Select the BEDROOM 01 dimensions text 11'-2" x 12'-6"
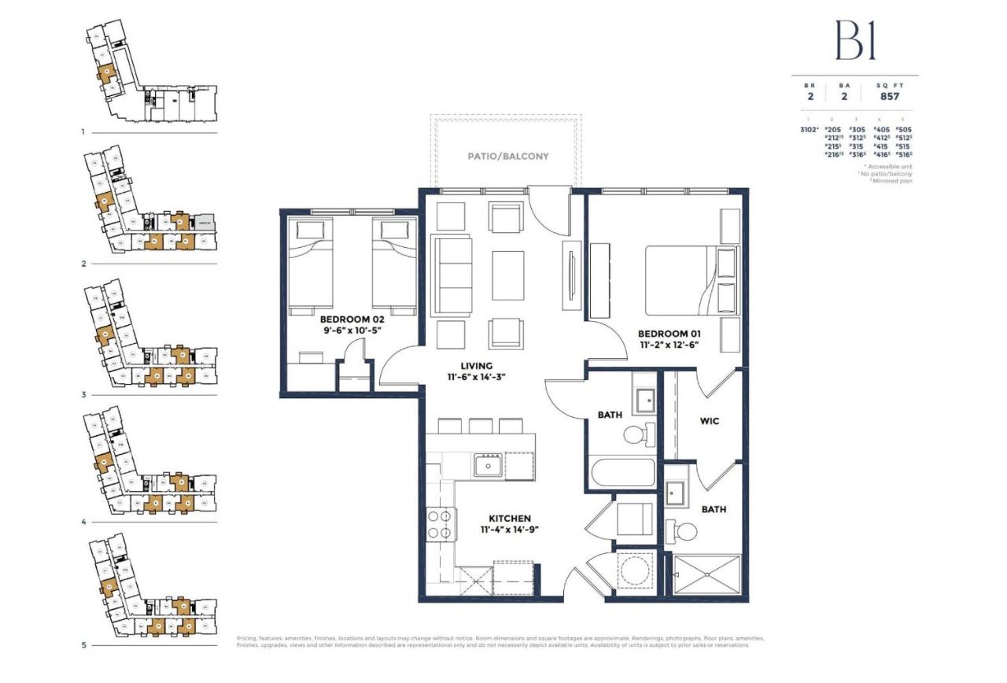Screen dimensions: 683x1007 [x=668, y=345]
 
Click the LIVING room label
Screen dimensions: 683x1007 [x=477, y=366]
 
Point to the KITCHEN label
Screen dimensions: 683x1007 [x=509, y=519]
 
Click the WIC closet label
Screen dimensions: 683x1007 [x=709, y=421]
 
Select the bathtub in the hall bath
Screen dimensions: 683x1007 [x=622, y=474]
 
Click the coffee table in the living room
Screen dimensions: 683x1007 [x=508, y=275]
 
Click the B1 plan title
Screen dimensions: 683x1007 [x=854, y=41]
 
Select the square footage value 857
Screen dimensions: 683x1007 [x=890, y=96]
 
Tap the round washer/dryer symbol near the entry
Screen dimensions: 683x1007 [x=633, y=570]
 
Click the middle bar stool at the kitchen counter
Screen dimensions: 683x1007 [x=480, y=426]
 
